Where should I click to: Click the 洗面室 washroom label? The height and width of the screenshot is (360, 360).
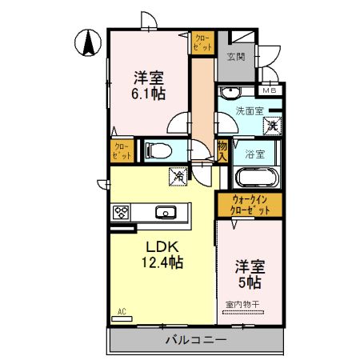pos(250,112)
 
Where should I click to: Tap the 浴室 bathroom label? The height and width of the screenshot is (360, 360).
pos(256,152)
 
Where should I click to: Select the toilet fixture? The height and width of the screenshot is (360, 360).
pos(159,150)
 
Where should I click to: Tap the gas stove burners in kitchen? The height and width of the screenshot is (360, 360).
pos(122,213)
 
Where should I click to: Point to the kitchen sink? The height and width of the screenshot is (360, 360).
pos(166,213)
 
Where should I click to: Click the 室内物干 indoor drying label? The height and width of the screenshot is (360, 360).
pos(247,305)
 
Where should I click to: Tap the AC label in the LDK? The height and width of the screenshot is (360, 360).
pos(122,311)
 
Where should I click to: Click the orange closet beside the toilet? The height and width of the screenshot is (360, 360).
pos(122,150)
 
